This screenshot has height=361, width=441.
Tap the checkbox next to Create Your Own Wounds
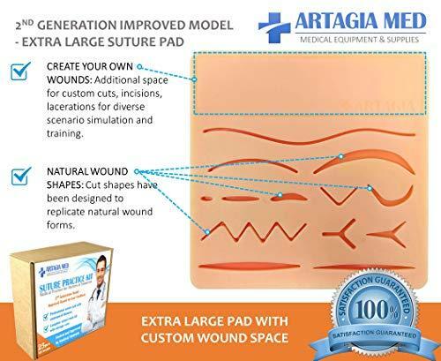pos(19,73)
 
